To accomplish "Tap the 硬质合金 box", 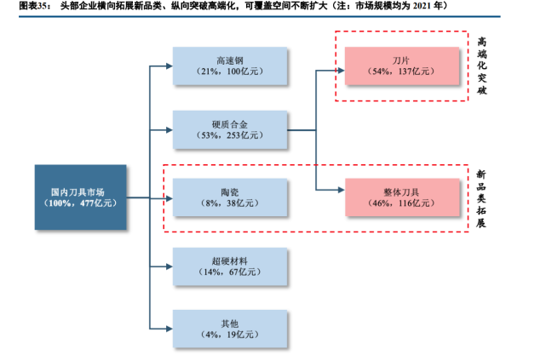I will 230,129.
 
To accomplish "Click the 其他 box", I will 230,329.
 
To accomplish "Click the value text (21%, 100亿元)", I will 230,73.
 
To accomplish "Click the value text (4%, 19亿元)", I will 230,335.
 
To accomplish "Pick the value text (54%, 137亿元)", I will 401,73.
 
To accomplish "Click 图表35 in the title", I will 20,8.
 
